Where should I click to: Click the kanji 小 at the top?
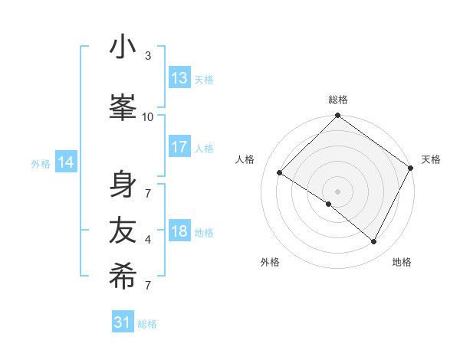(x=123, y=48)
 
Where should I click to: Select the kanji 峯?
(x=123, y=108)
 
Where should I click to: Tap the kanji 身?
(x=123, y=185)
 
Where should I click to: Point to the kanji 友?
(x=123, y=231)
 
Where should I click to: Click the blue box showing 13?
(x=179, y=78)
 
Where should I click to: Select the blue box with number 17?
(x=179, y=148)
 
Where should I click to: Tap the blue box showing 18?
(x=179, y=231)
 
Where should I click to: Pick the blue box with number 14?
(x=66, y=162)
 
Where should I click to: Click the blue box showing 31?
(x=123, y=322)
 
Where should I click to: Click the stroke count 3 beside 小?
(x=148, y=55)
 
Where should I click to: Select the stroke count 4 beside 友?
(x=148, y=239)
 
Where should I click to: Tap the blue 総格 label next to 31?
(x=147, y=324)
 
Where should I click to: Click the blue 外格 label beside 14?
(x=41, y=163)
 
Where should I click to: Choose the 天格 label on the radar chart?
(x=431, y=159)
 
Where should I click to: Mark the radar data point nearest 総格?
(x=337, y=116)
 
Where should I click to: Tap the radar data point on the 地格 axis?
(x=374, y=242)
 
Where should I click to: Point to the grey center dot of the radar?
(x=337, y=191)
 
